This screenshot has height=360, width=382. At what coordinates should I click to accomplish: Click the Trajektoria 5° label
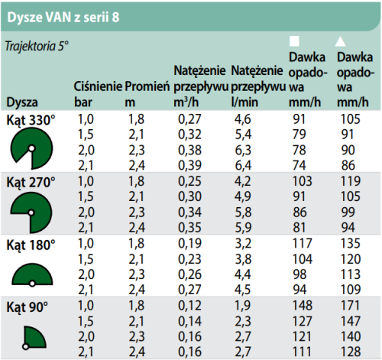(x=37, y=46)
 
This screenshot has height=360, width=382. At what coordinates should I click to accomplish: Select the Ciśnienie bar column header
(x=99, y=94)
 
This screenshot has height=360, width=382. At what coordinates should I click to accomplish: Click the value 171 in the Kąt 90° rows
(x=349, y=306)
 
